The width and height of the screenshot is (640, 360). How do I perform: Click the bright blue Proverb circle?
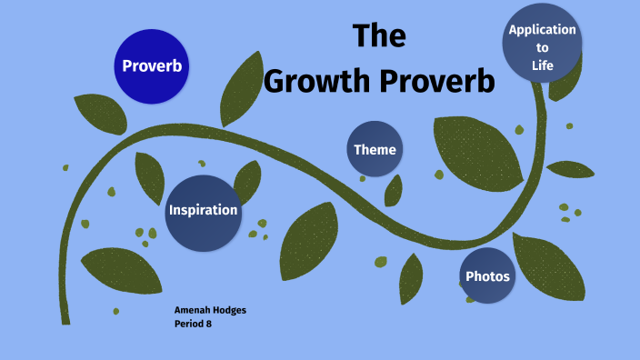(153, 65)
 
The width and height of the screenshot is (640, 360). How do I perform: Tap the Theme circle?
(375, 149)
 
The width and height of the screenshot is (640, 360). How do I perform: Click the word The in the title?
(378, 35)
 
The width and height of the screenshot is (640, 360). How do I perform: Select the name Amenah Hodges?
(210, 310)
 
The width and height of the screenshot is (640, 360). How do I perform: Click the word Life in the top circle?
(543, 65)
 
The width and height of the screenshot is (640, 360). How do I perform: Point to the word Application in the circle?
(543, 29)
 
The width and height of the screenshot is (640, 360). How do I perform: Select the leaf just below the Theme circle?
(394, 190)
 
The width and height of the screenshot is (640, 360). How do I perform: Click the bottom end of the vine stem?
(65, 318)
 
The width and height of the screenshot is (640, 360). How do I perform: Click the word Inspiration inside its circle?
(203, 211)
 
